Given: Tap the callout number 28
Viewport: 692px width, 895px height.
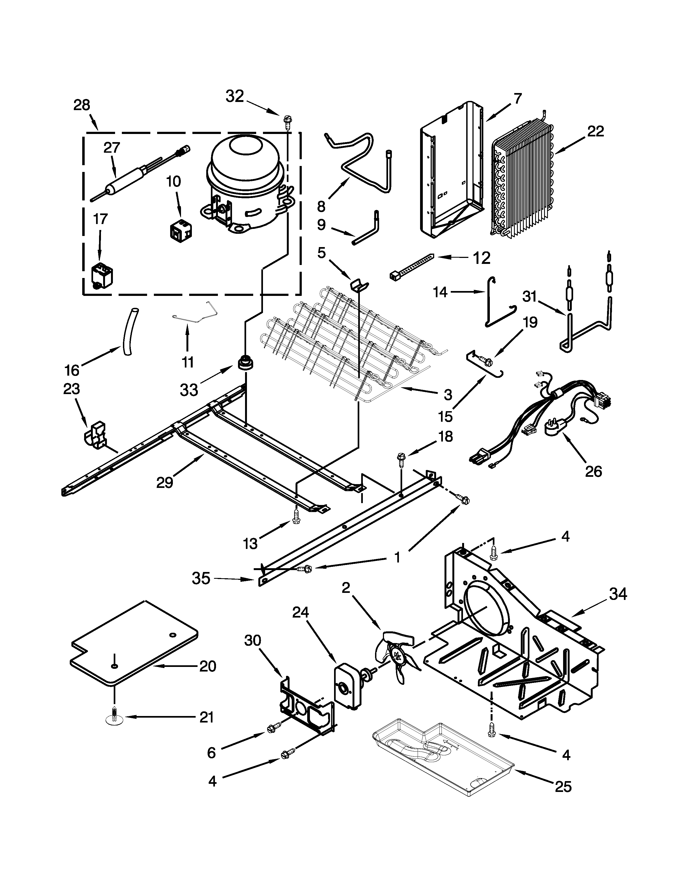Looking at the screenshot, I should tap(82, 105).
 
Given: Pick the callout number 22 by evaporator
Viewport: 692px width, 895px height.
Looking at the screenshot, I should tap(595, 131).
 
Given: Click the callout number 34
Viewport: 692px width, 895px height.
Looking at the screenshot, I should tap(618, 594).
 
